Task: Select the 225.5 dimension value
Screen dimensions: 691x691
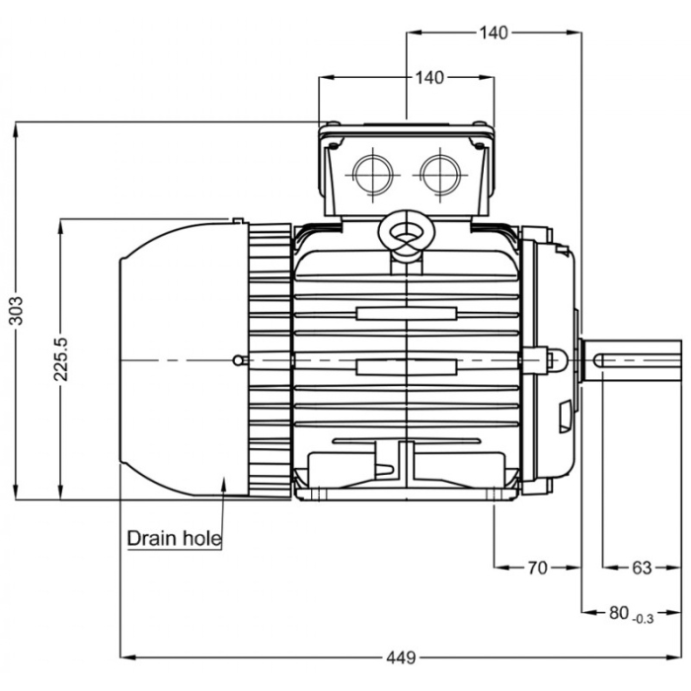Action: [x=60, y=355]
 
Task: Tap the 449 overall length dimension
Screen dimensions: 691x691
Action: [x=400, y=655]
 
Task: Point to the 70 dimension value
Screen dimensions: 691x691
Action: [x=537, y=568]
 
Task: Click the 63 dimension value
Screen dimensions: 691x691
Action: [x=642, y=568]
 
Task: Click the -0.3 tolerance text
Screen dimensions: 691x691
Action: [x=643, y=619]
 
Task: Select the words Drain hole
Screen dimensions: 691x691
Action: [x=174, y=540]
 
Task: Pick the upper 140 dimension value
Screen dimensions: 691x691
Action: [x=494, y=33]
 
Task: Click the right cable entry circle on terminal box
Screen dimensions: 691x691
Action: [x=438, y=174]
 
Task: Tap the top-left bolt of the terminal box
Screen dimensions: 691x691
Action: [x=332, y=125]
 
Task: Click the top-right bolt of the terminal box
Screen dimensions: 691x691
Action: [x=480, y=125]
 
